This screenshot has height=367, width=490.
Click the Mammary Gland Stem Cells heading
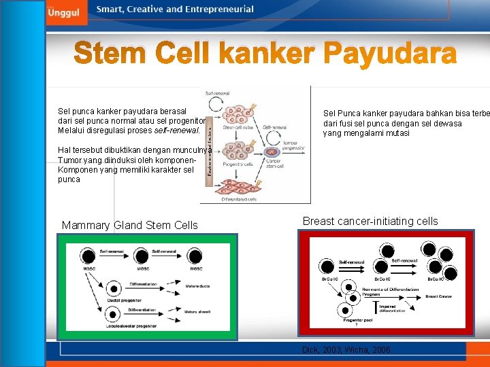pyautogui.click(x=129, y=225)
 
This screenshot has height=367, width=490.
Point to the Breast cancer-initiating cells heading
pyautogui.click(x=370, y=221)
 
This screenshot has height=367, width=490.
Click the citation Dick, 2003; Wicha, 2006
pyautogui.click(x=346, y=349)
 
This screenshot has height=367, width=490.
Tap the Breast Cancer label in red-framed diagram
pyautogui.click(x=438, y=296)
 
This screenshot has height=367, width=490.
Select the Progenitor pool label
pyautogui.click(x=357, y=320)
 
